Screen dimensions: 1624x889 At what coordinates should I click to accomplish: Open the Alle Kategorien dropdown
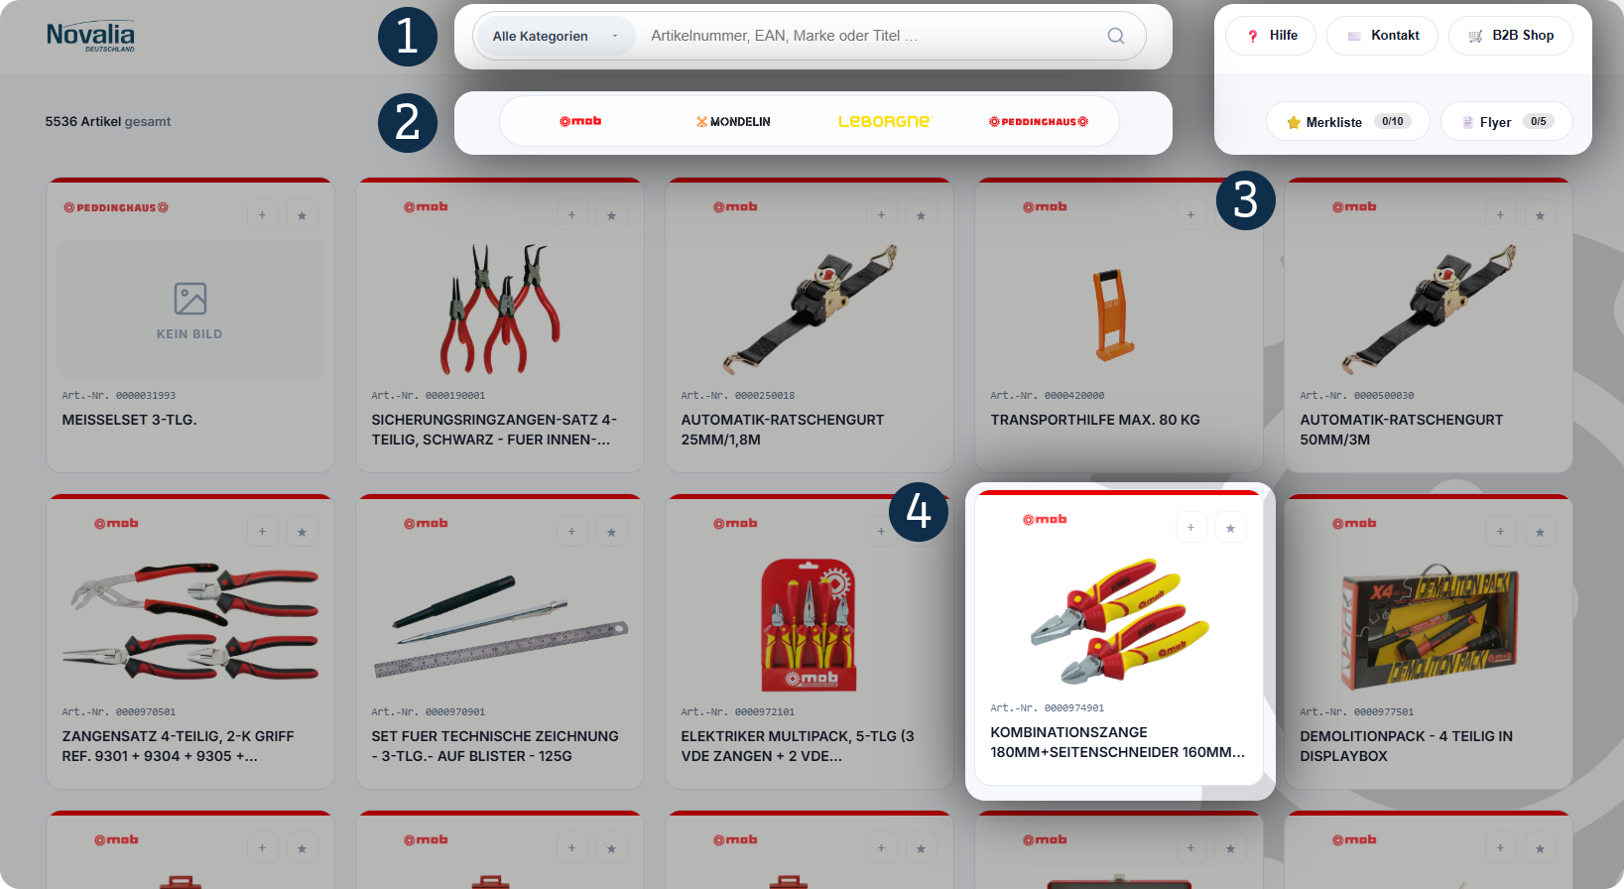click(556, 37)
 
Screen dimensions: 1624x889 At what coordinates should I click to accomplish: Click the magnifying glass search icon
click(1116, 37)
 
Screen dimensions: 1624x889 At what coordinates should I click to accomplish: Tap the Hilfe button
click(1270, 36)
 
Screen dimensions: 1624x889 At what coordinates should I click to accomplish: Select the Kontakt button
click(1382, 36)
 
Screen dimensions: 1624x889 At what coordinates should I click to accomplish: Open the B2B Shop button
click(1511, 36)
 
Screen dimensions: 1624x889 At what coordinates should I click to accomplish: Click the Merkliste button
click(1348, 122)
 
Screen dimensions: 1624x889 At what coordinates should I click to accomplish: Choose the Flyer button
click(1507, 122)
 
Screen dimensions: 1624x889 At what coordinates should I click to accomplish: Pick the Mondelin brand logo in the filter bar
click(733, 122)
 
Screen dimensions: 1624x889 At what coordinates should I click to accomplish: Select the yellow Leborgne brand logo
click(885, 122)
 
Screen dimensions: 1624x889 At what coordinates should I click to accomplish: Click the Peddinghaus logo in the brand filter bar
click(1039, 122)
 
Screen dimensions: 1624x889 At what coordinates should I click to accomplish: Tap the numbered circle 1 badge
click(408, 37)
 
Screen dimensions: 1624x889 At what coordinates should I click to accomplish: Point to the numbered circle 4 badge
click(919, 512)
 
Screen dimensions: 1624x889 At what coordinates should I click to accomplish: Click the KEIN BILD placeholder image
click(189, 310)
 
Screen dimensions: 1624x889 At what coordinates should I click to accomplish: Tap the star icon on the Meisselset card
click(303, 215)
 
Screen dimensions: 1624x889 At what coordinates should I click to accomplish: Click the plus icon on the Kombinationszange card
click(1190, 528)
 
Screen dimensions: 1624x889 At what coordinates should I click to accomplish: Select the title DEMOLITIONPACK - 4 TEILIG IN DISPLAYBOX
click(1406, 746)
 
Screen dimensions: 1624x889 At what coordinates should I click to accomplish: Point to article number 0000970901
click(455, 712)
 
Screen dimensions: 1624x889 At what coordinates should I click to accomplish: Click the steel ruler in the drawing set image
click(501, 650)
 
